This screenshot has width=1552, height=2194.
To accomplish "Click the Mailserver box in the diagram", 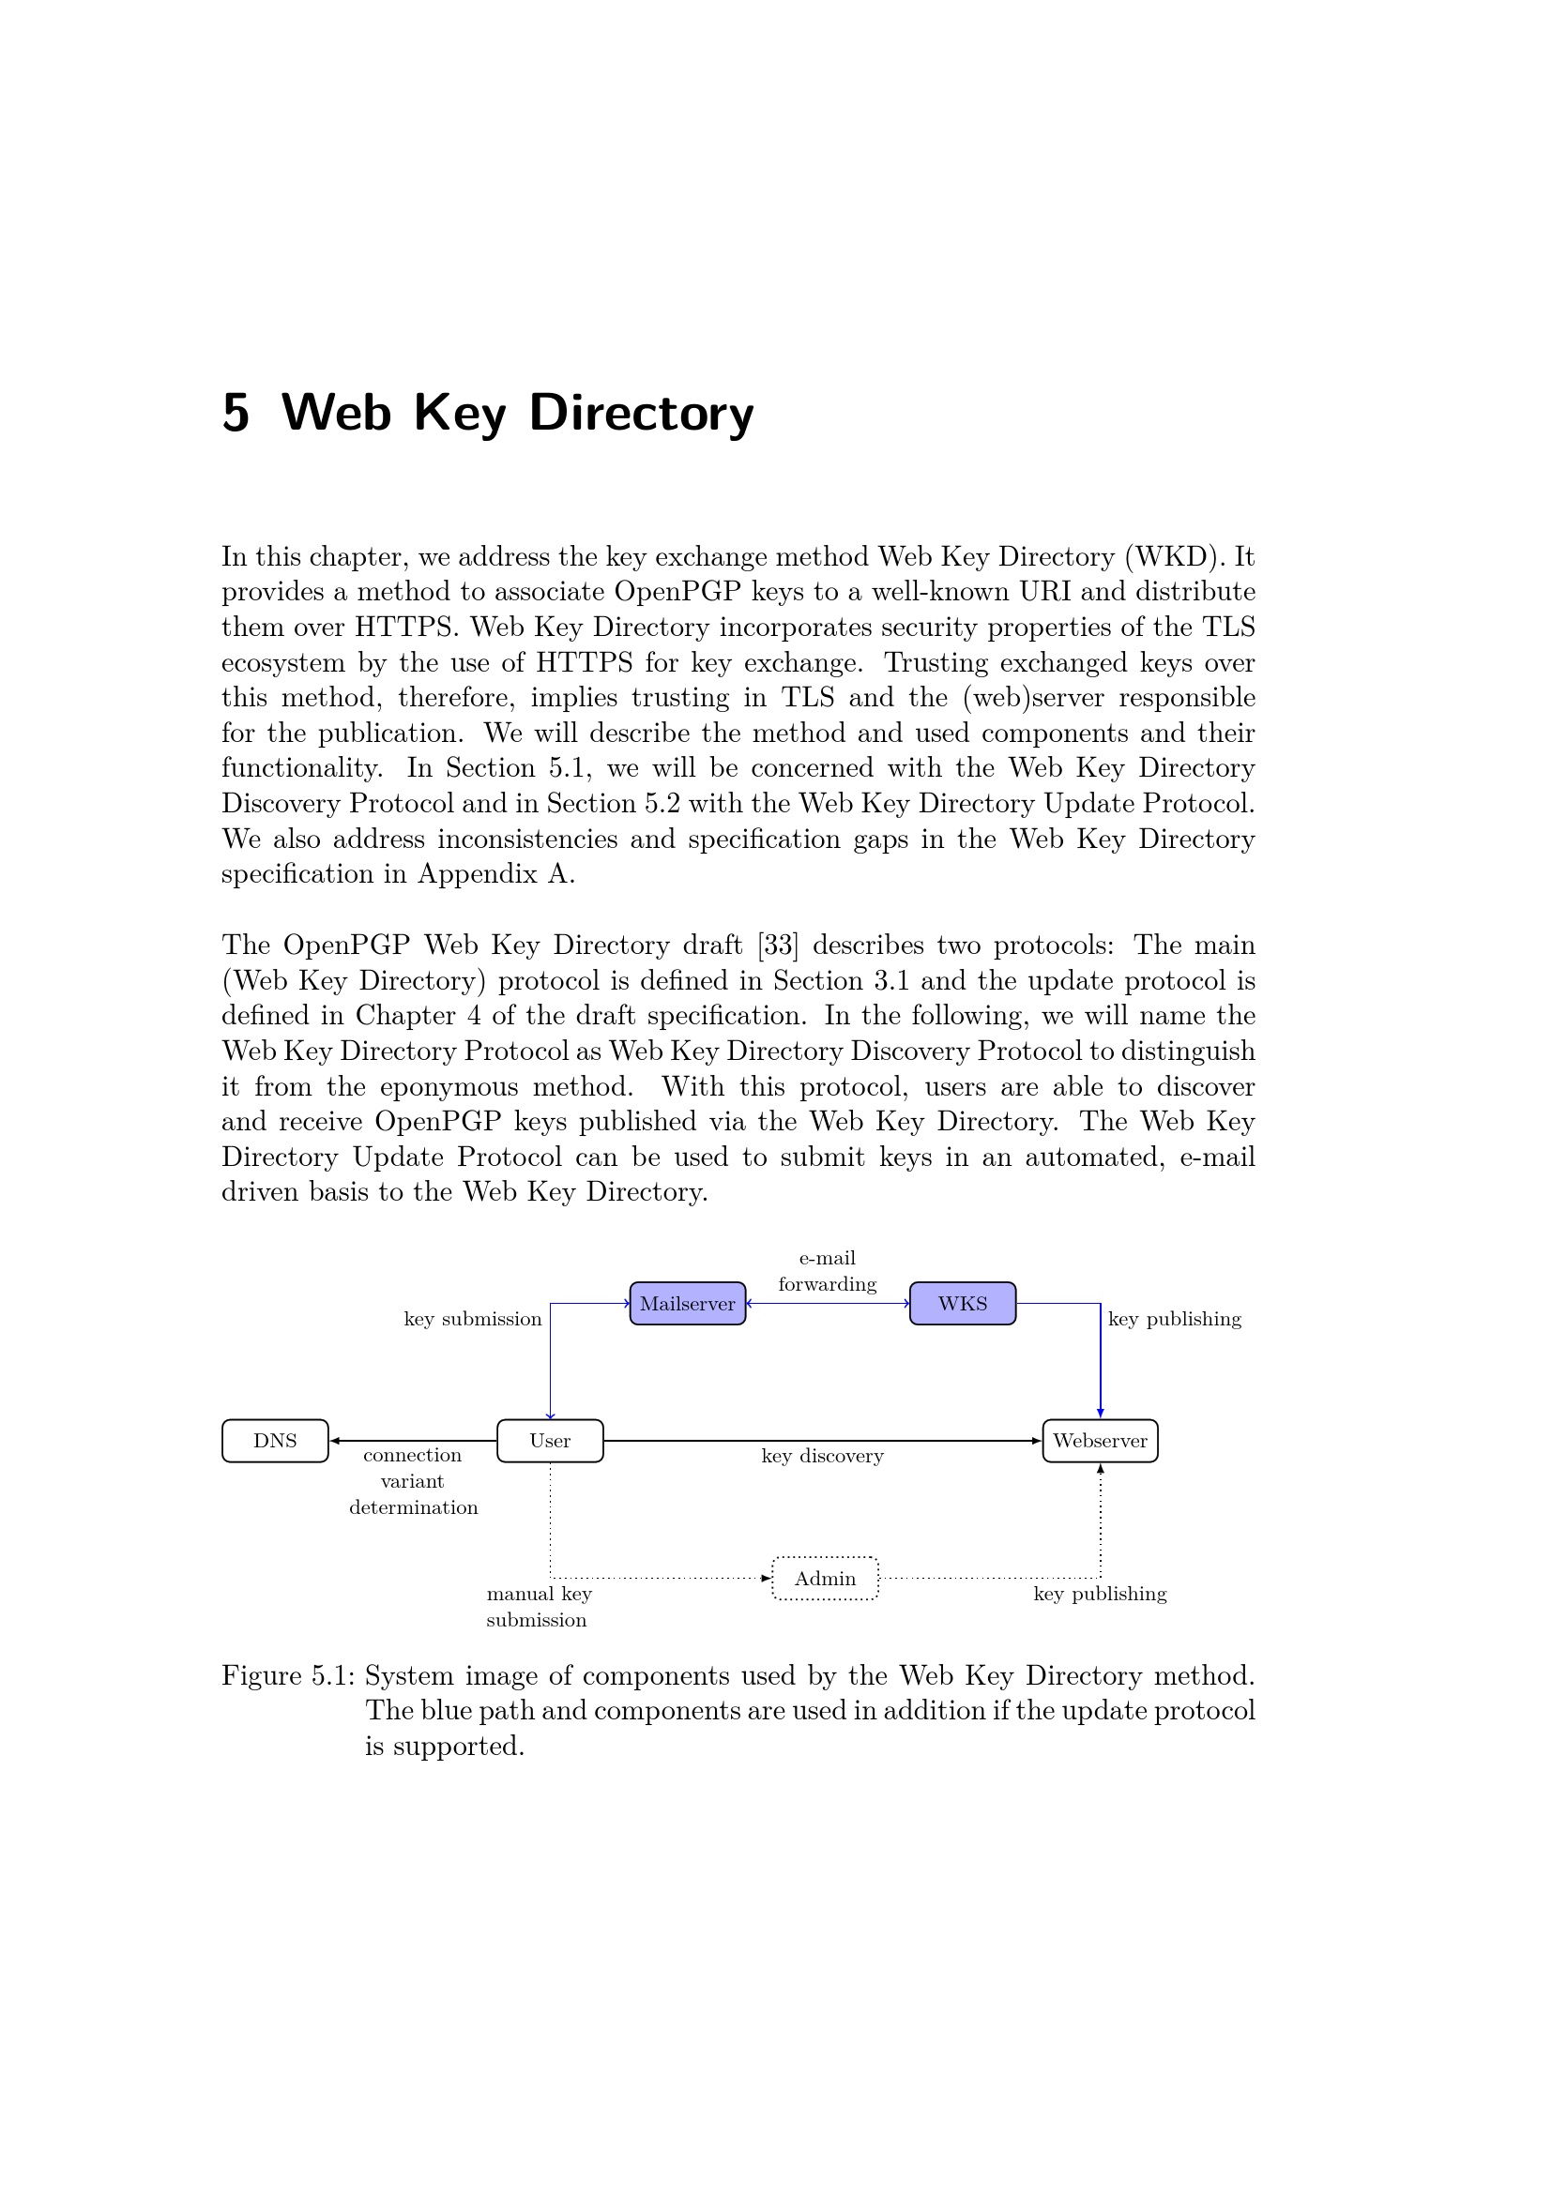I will coord(687,1304).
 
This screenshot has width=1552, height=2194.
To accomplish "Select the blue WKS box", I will coord(963,1304).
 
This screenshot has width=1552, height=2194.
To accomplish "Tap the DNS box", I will coord(275,1441).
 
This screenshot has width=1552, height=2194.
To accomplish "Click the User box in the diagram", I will coord(550,1441).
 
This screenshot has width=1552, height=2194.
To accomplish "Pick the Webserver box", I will coord(1100,1441).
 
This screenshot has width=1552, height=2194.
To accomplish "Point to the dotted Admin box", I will coord(825,1579).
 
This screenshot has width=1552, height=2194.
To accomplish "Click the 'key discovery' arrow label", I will coord(822,1457).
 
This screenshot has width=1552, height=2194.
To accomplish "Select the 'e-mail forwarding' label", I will coord(827,1271).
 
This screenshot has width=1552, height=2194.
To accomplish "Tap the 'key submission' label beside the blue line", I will coord(472,1320).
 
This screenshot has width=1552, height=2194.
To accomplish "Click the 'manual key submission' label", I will coord(538,1606).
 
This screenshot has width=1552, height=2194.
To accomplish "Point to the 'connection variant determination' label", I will coord(413,1481).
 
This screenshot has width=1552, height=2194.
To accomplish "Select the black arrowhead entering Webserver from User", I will coord(1036,1441).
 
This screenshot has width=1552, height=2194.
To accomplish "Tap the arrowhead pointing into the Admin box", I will coord(766,1579).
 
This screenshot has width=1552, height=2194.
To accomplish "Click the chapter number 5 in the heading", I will coord(236,413).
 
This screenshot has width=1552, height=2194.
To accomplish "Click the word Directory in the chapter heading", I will coord(641,413).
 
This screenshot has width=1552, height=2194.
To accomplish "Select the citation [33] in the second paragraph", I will coord(777,946).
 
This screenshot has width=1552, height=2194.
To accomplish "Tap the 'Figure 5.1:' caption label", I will coord(289,1676).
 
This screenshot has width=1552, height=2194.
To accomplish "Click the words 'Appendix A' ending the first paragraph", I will coord(495,874).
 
